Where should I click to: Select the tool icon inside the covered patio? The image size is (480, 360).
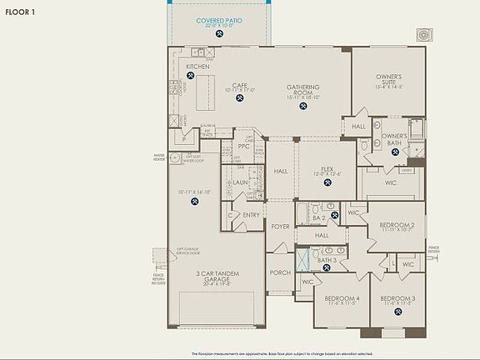221,36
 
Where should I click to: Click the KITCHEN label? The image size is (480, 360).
197,67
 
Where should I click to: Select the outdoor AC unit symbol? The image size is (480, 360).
427,35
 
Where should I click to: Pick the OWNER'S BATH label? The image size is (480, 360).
394,138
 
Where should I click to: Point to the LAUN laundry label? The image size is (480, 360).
241,182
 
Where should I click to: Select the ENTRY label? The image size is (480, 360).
251,215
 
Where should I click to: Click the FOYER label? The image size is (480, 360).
280,226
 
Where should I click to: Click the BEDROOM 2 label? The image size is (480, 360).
397,226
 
